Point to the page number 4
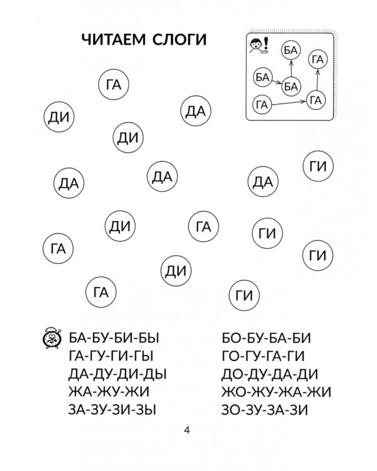(x=187, y=430)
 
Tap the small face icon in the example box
(x=257, y=46)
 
